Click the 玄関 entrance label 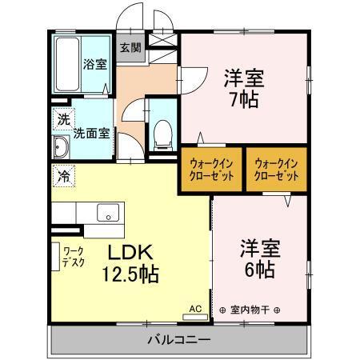[x=130, y=47]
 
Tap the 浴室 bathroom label [x=95, y=64]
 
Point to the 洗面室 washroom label [x=91, y=134]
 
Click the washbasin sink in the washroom [x=61, y=147]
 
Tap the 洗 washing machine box [x=62, y=119]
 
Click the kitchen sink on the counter [x=107, y=213]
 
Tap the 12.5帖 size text [x=131, y=274]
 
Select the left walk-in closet [x=211, y=170]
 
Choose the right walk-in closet [x=276, y=170]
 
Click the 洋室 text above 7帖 [x=243, y=79]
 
